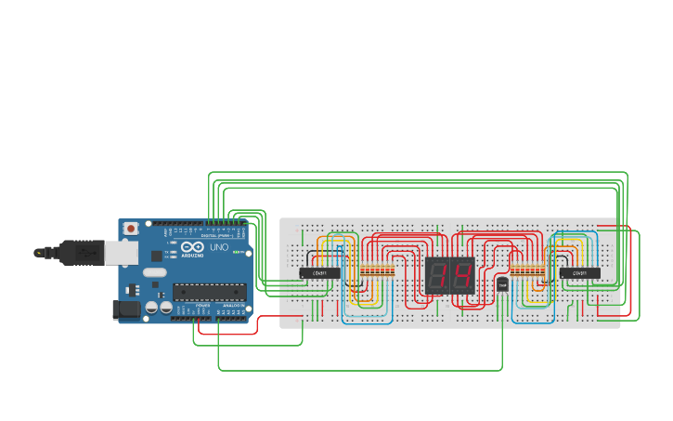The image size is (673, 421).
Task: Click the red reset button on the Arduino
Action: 131,228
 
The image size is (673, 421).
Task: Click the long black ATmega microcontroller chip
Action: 210,292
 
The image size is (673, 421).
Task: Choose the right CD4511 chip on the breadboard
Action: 579,272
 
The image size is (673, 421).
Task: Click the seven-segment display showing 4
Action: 461,275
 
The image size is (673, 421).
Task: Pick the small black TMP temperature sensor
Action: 502,284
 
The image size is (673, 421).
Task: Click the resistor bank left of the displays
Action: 377,271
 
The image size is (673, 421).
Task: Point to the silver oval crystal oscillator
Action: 154,272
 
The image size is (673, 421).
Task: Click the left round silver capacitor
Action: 150,307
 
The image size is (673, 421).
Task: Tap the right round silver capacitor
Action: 165,307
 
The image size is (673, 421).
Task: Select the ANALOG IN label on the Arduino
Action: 233,305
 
